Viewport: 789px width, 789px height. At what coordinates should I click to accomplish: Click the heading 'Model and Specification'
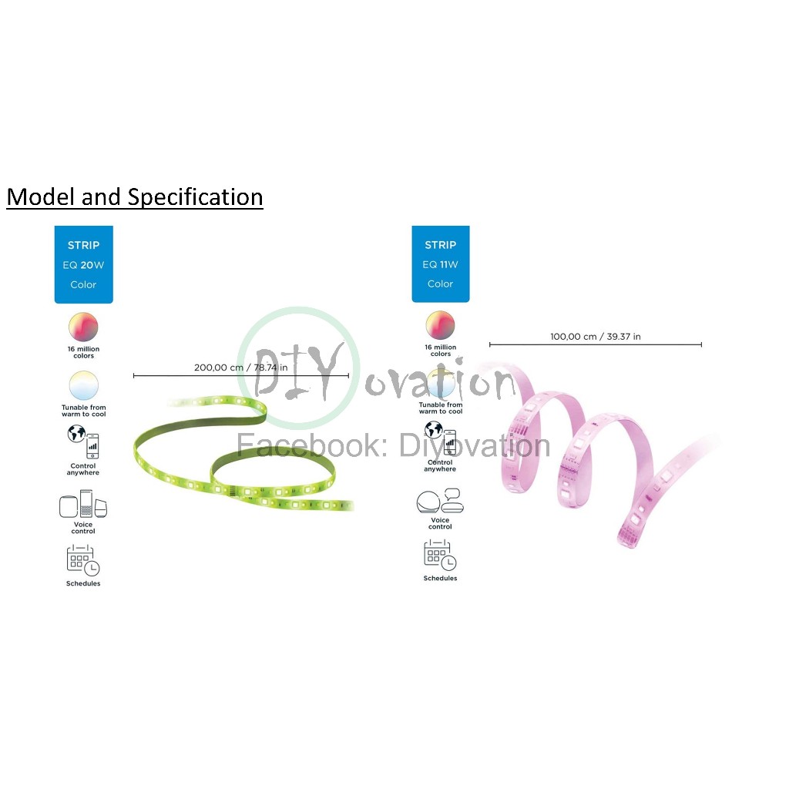135,196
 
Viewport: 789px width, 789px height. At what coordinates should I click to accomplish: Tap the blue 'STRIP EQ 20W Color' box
83,265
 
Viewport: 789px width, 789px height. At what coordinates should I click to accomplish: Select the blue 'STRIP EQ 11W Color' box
440,264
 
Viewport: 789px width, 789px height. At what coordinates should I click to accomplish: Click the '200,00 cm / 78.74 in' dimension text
241,368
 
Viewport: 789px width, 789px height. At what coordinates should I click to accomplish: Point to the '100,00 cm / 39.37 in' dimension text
596,337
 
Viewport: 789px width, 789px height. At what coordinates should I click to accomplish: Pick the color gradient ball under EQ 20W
83,327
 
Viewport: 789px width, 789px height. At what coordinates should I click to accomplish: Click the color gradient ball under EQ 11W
440,325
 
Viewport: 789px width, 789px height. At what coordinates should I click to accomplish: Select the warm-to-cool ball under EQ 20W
83,385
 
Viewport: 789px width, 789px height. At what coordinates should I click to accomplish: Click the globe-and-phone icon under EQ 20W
83,442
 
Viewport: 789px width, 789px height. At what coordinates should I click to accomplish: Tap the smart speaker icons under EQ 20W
83,504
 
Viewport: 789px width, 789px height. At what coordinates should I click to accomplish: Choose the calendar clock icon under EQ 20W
83,560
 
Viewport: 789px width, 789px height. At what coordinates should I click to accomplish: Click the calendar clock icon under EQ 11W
440,556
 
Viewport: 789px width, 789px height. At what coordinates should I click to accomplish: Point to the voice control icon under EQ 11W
440,501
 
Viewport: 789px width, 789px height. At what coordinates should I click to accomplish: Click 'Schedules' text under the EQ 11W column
440,578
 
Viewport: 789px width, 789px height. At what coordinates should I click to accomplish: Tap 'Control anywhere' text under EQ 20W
83,469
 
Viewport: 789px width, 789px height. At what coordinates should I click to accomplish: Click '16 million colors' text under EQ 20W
83,352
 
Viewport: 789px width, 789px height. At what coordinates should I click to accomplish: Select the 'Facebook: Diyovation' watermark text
393,445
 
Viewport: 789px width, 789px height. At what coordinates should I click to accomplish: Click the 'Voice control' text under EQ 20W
83,527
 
